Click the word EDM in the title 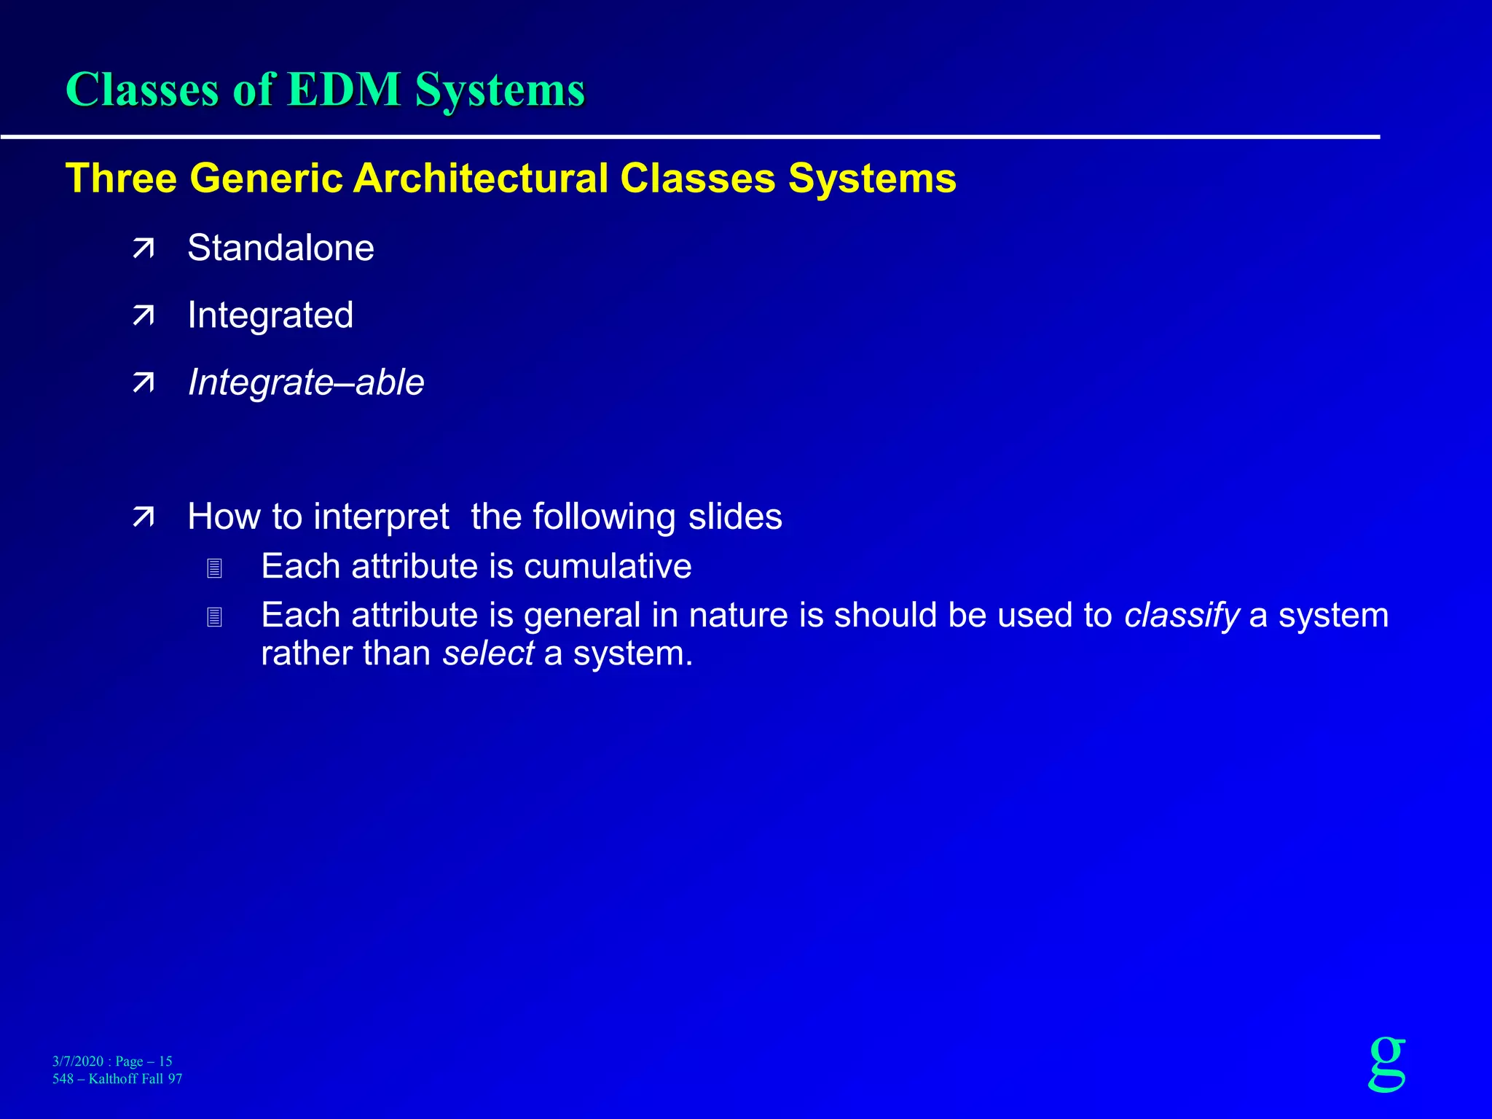click(x=344, y=90)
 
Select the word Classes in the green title click(x=142, y=90)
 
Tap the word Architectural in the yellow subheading click(x=481, y=178)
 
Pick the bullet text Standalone click(x=280, y=248)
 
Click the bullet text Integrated click(x=270, y=315)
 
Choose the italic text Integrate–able click(x=306, y=382)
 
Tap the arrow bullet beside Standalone click(x=144, y=249)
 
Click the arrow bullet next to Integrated click(x=144, y=316)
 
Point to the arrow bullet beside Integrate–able click(x=144, y=383)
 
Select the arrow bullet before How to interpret click(x=144, y=517)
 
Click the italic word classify click(x=1181, y=616)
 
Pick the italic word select click(x=488, y=653)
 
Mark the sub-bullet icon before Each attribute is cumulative click(x=214, y=568)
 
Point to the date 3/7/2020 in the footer click(x=78, y=1061)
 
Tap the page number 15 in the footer click(x=165, y=1061)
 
